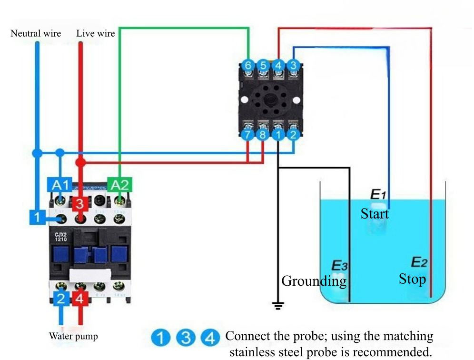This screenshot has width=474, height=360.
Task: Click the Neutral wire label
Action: [36, 33]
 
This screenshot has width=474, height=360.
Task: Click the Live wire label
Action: [96, 33]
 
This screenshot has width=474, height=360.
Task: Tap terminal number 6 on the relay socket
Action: [247, 65]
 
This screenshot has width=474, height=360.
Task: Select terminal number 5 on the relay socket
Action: [263, 65]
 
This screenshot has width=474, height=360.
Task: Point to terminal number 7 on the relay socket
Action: [247, 135]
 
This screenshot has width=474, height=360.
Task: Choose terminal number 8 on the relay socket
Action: [262, 135]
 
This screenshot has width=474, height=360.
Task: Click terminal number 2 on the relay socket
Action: [293, 135]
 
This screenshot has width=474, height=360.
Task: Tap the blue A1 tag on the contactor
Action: [59, 185]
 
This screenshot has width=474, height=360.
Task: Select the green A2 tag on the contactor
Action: [119, 185]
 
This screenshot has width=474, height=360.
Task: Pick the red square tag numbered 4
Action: [80, 300]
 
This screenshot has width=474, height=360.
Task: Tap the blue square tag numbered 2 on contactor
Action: [60, 299]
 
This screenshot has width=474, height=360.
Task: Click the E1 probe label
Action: [377, 194]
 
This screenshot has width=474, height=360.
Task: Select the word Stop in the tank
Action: [412, 279]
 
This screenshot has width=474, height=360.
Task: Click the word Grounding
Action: [314, 281]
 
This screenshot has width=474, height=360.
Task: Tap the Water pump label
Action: [73, 336]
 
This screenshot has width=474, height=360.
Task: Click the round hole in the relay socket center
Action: [270, 100]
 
